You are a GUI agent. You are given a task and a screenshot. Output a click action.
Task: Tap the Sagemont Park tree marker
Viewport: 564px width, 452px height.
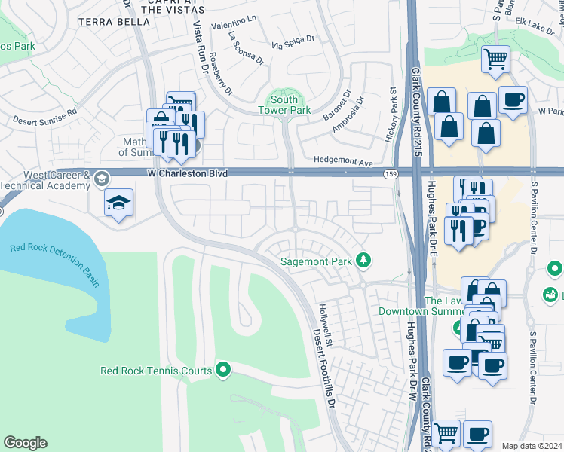pos(364,260)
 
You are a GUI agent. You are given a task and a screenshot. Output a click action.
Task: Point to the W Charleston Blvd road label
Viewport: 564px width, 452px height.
pos(188,174)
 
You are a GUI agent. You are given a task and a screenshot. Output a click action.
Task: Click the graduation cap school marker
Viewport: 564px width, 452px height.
pos(119,203)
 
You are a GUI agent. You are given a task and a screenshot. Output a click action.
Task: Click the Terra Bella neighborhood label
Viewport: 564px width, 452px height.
pos(113,23)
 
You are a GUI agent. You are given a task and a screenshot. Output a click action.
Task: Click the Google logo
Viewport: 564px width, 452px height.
pos(25,443)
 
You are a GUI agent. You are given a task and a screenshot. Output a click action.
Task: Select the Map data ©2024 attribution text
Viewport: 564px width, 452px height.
pos(531,446)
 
